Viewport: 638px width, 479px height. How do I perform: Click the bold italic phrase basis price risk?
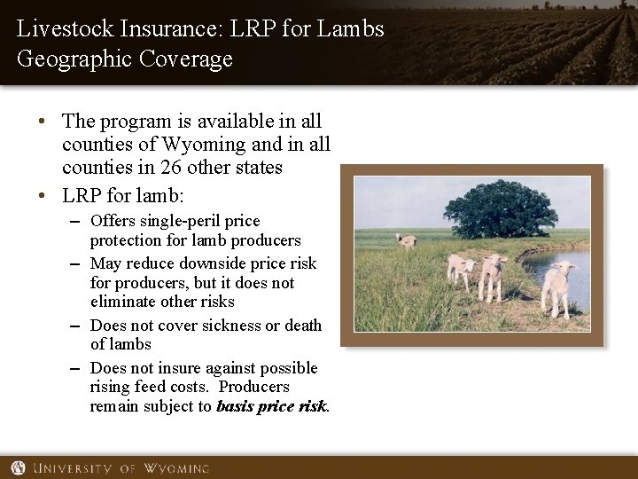pos(272,406)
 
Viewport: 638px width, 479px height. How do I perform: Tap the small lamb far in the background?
pos(408,239)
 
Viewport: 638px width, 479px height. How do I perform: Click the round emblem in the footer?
pos(18,467)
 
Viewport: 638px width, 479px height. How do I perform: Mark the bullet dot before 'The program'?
pos(42,121)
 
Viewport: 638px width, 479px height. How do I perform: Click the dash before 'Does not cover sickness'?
pos(74,325)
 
